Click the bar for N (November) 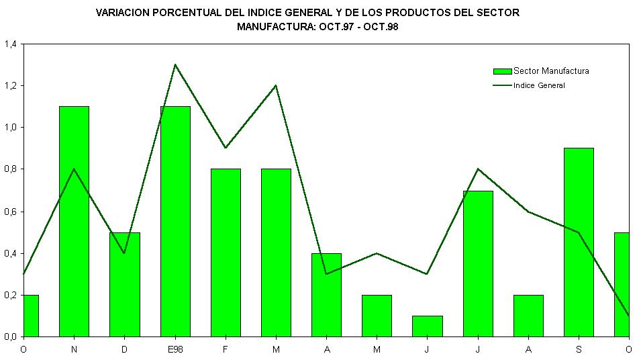[x=74, y=222]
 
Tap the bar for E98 [x=175, y=222]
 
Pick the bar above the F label [x=226, y=253]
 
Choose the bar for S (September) [x=579, y=242]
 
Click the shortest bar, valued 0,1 [x=428, y=326]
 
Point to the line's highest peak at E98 [x=175, y=64]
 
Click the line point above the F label [x=226, y=148]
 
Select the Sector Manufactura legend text [x=551, y=71]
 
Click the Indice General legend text [x=539, y=85]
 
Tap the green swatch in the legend [x=502, y=71]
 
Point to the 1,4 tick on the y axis [x=11, y=44]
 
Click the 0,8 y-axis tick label [x=11, y=169]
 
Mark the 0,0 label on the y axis [x=11, y=336]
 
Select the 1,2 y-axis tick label [x=11, y=86]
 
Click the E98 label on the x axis [x=175, y=349]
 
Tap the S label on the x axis [x=579, y=349]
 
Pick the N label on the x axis [x=74, y=349]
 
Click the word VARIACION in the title [x=124, y=13]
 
